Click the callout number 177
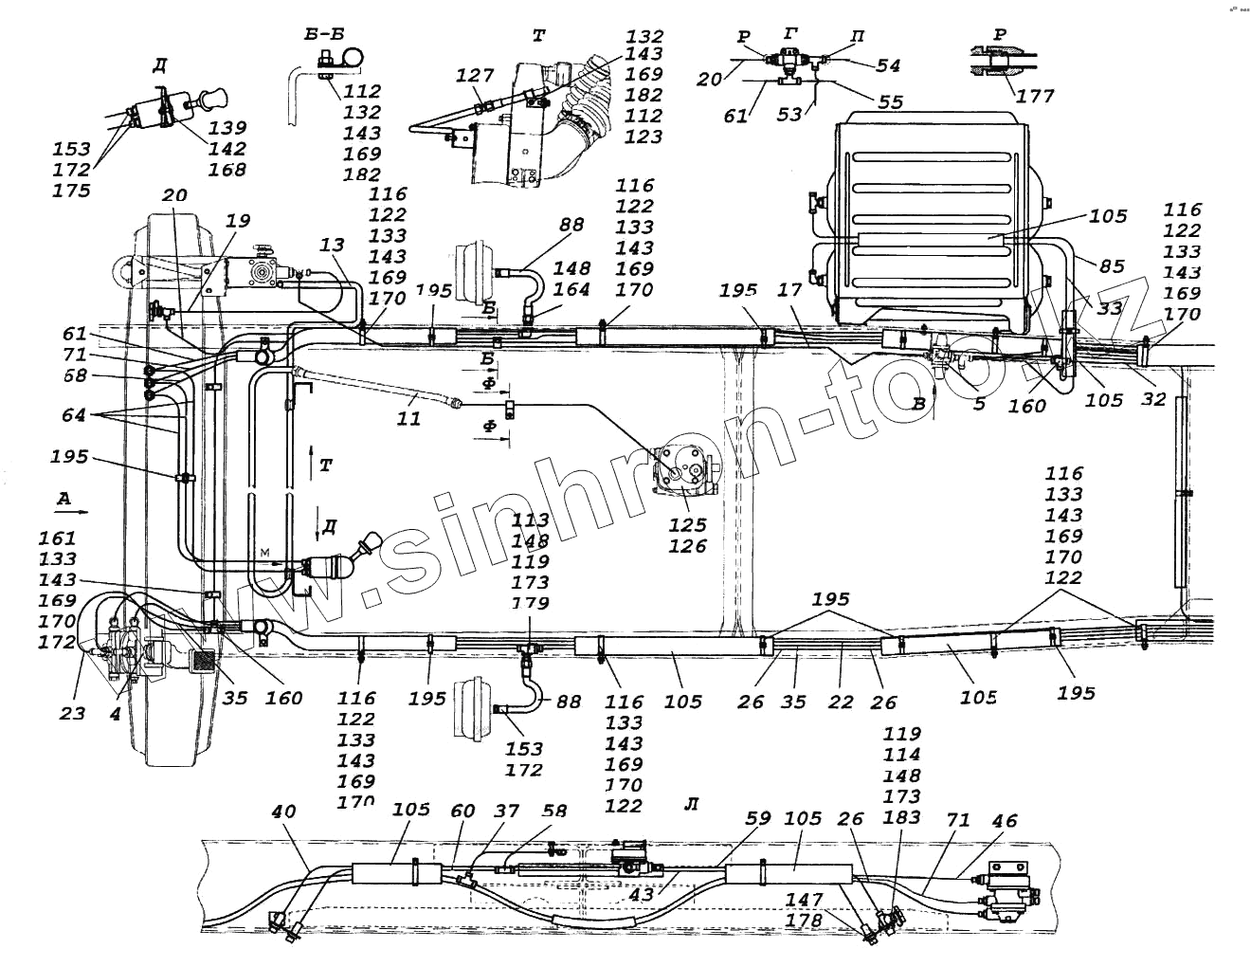[x=1034, y=96]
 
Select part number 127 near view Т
[x=476, y=76]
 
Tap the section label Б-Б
[x=324, y=34]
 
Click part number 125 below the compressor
[x=687, y=524]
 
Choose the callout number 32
[x=1152, y=399]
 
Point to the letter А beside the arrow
[x=63, y=498]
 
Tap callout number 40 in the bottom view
[x=283, y=812]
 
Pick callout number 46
[x=1004, y=820]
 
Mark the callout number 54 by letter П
[x=888, y=65]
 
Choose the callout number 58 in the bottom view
[x=555, y=812]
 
